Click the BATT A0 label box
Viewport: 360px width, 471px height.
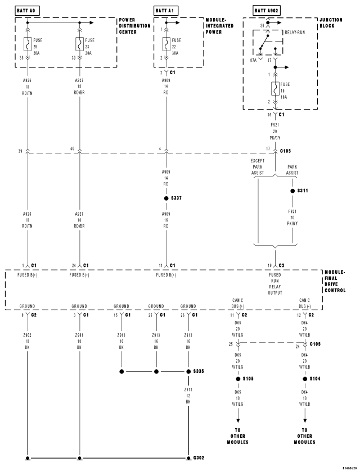[27, 10]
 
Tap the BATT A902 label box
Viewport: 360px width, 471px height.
[266, 10]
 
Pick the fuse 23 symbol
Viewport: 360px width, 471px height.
[80, 44]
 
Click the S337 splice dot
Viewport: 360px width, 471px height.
[166, 199]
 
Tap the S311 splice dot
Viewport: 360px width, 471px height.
[292, 191]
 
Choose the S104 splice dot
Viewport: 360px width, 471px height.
[305, 379]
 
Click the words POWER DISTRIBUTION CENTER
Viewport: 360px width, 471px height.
[135, 25]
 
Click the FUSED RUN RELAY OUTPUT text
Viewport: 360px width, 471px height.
[276, 286]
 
